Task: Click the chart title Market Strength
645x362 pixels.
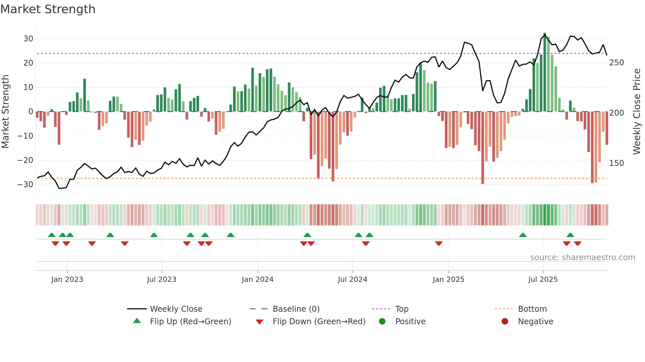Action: tap(48, 9)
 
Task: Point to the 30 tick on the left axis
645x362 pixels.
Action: tap(28, 39)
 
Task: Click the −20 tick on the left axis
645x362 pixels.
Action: tap(25, 160)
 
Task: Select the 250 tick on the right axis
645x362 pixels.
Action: tap(616, 63)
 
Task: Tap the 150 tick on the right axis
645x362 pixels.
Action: tap(616, 163)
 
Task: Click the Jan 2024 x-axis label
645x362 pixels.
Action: tap(257, 280)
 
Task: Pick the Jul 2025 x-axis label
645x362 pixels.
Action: tap(543, 280)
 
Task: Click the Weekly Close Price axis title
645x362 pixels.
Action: tap(637, 112)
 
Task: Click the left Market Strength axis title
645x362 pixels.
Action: tap(5, 112)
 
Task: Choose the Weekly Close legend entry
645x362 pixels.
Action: tap(176, 309)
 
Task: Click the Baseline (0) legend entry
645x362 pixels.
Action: tap(296, 309)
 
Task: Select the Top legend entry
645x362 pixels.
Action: tap(401, 309)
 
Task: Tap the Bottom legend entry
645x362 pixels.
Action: tap(532, 309)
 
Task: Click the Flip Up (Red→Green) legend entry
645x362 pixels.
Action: tap(190, 322)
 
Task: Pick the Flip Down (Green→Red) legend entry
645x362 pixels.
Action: tap(319, 322)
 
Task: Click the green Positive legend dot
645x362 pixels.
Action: tap(382, 322)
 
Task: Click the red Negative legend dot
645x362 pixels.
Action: tap(505, 322)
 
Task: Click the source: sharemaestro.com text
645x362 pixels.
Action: tap(582, 258)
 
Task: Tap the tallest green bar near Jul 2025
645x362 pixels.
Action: tap(545, 72)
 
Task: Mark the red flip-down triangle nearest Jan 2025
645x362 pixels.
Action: tap(439, 243)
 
